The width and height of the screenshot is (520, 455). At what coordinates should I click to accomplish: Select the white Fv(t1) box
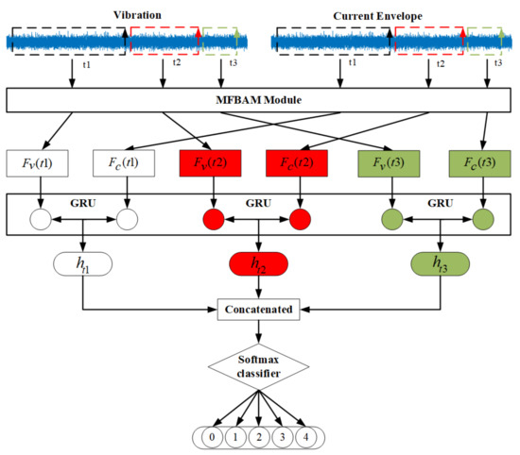40,161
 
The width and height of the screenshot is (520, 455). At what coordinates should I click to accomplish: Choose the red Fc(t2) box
300,161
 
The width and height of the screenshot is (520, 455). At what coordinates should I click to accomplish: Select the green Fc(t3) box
475,161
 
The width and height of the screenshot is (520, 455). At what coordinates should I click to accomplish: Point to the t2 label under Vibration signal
176,62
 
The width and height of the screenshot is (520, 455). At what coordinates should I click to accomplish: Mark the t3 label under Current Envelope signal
497,62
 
